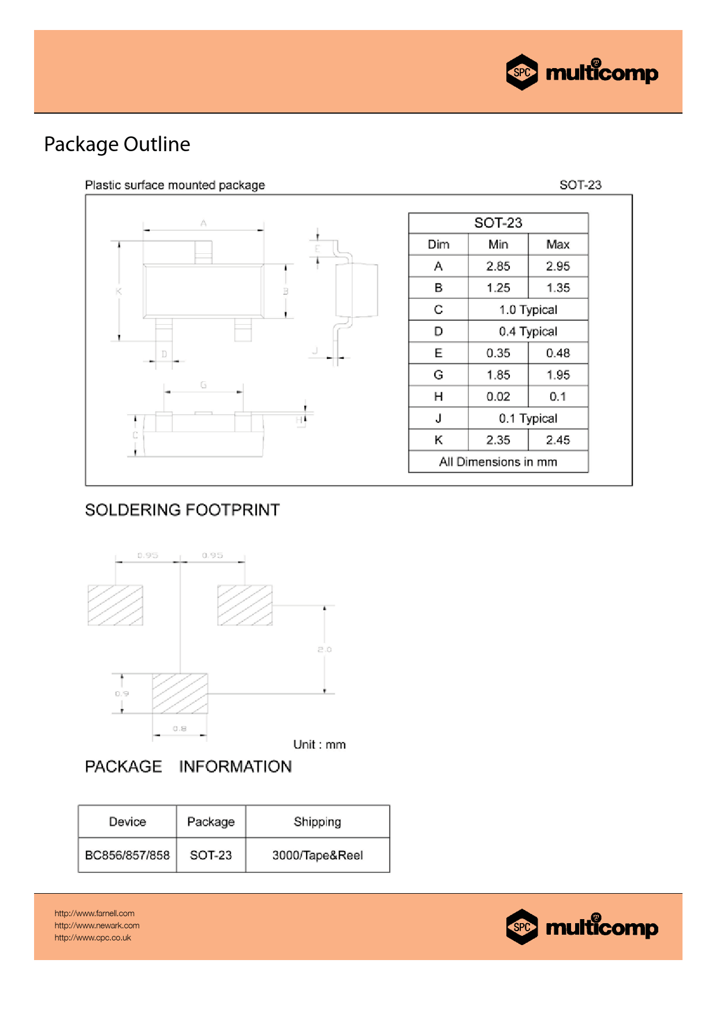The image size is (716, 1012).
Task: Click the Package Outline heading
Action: point(117,144)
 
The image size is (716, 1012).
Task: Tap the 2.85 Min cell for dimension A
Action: point(498,266)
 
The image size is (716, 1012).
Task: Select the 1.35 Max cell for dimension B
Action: point(558,288)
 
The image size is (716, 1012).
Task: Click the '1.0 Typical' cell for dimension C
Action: point(528,310)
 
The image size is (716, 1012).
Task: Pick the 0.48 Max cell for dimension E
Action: point(558,353)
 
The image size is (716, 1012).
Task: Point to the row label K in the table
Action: point(438,440)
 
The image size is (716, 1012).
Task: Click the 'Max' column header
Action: point(558,245)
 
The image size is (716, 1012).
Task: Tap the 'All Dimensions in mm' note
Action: point(498,462)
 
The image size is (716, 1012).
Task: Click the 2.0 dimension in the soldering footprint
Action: point(325,650)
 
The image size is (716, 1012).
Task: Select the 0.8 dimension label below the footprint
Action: point(180,729)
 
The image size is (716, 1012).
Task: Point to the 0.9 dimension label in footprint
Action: point(122,694)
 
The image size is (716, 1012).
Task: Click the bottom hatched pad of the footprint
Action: point(180,693)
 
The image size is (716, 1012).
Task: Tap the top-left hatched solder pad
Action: point(115,605)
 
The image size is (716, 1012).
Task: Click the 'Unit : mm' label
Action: point(319,745)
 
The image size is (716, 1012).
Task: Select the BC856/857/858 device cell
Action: point(127,855)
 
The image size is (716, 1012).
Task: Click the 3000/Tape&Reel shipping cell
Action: point(318,855)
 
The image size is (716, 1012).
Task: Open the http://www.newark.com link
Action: point(97,925)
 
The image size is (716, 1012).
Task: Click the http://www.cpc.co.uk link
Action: point(93,938)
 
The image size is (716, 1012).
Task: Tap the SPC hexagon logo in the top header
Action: point(522,72)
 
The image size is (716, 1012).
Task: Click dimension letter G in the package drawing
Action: point(203,385)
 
